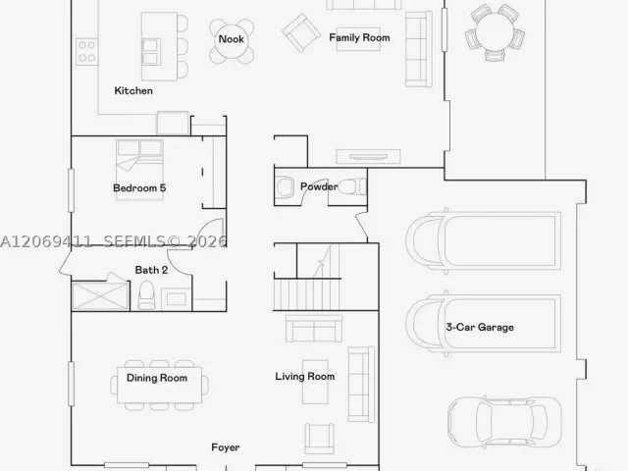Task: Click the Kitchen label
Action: (133, 91)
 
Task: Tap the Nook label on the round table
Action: (232, 39)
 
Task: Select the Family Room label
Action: (359, 37)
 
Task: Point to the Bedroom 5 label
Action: (139, 187)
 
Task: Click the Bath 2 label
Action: (151, 270)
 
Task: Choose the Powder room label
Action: (319, 186)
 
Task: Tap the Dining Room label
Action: (157, 378)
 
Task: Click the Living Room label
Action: (305, 377)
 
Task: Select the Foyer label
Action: (226, 447)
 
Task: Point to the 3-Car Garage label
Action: (480, 327)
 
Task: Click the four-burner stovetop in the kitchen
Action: (87, 52)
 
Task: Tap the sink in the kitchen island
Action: (151, 52)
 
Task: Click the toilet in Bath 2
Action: (146, 295)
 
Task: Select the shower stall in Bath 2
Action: (100, 296)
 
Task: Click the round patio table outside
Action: (495, 31)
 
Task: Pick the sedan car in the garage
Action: (504, 423)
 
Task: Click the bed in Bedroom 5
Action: (139, 170)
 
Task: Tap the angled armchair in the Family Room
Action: (301, 32)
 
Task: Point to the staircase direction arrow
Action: (323, 261)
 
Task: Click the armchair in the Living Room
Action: (319, 439)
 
